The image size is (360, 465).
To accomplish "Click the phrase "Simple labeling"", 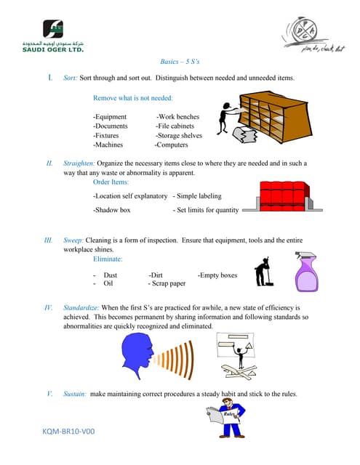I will tap(199, 195).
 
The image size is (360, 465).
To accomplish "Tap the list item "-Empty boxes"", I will tap(217, 275).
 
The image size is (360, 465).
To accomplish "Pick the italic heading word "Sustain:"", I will tap(73, 394).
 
